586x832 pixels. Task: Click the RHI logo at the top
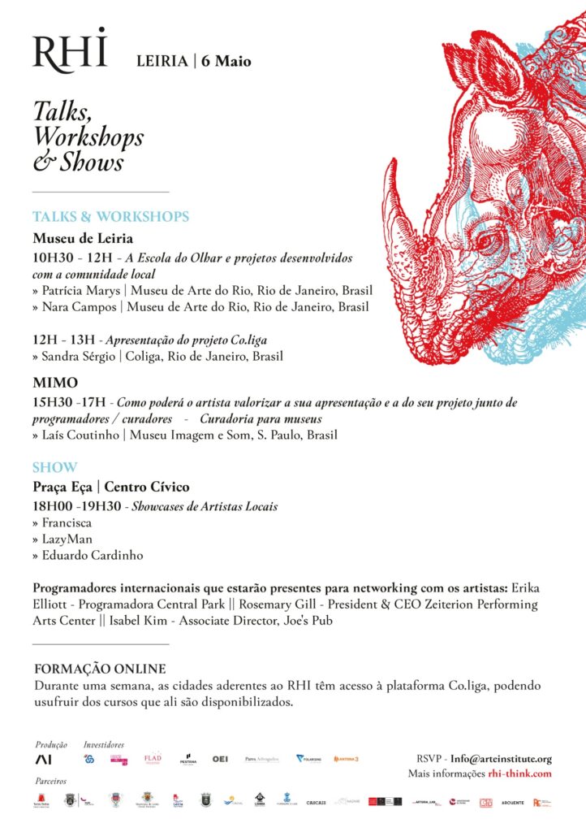(70, 50)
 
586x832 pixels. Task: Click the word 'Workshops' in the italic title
(88, 136)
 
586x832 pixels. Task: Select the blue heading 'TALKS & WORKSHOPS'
(111, 217)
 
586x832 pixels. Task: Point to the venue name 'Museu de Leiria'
(83, 239)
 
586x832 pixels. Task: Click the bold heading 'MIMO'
(56, 383)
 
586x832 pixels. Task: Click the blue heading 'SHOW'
(55, 467)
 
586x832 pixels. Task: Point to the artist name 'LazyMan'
(69, 539)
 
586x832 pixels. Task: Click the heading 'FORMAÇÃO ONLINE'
(100, 669)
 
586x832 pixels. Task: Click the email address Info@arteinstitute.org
(501, 759)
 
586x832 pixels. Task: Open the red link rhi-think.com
(519, 774)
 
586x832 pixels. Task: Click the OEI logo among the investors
(220, 759)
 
